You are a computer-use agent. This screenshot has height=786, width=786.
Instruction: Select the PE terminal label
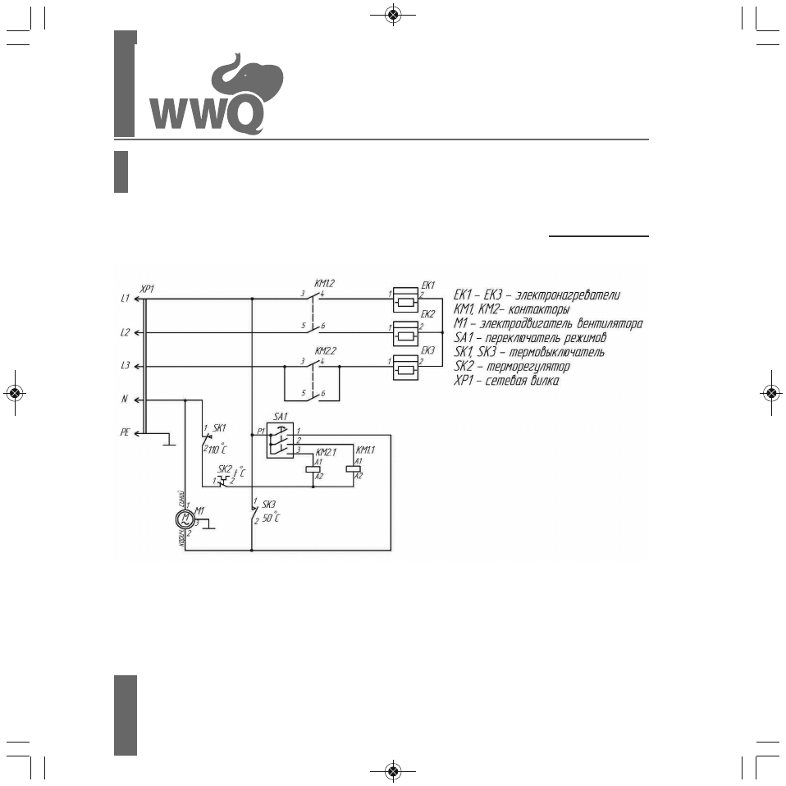125,432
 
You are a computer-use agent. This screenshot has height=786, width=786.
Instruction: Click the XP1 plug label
148,290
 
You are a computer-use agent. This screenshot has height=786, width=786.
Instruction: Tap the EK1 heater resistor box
405,301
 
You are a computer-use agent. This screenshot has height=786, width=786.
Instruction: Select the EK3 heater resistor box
405,368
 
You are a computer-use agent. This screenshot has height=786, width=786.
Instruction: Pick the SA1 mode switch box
280,441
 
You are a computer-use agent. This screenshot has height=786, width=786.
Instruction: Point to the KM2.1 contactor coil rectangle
313,469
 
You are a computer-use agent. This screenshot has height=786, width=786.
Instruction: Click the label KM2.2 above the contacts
325,350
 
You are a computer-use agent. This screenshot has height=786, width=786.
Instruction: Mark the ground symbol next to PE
168,443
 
